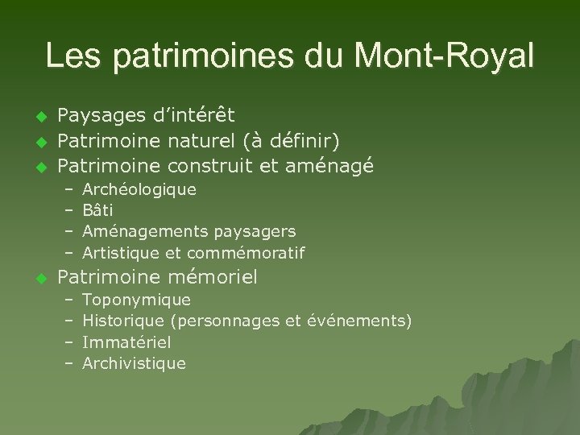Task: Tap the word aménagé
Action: coord(331,167)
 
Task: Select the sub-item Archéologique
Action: coord(139,191)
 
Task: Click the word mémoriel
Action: coord(213,279)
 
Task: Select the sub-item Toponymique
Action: coord(137,301)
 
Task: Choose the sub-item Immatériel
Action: coord(127,342)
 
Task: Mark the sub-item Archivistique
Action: coord(134,363)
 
